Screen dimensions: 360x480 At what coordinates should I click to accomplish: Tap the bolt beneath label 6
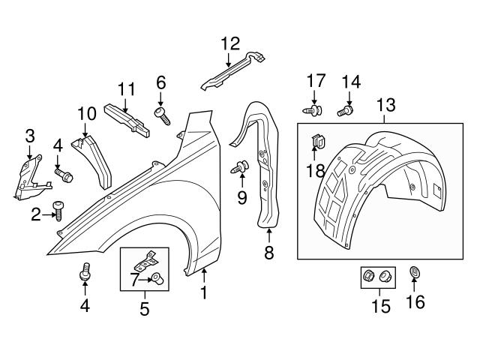162,114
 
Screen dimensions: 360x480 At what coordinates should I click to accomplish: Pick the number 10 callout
87,114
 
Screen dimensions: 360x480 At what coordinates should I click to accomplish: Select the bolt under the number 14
346,111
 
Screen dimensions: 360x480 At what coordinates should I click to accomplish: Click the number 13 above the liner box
385,104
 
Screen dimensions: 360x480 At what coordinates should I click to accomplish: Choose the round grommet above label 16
415,272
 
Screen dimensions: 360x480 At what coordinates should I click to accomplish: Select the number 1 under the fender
203,293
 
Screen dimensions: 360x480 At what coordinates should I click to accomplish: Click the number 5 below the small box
144,307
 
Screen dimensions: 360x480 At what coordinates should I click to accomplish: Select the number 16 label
415,301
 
